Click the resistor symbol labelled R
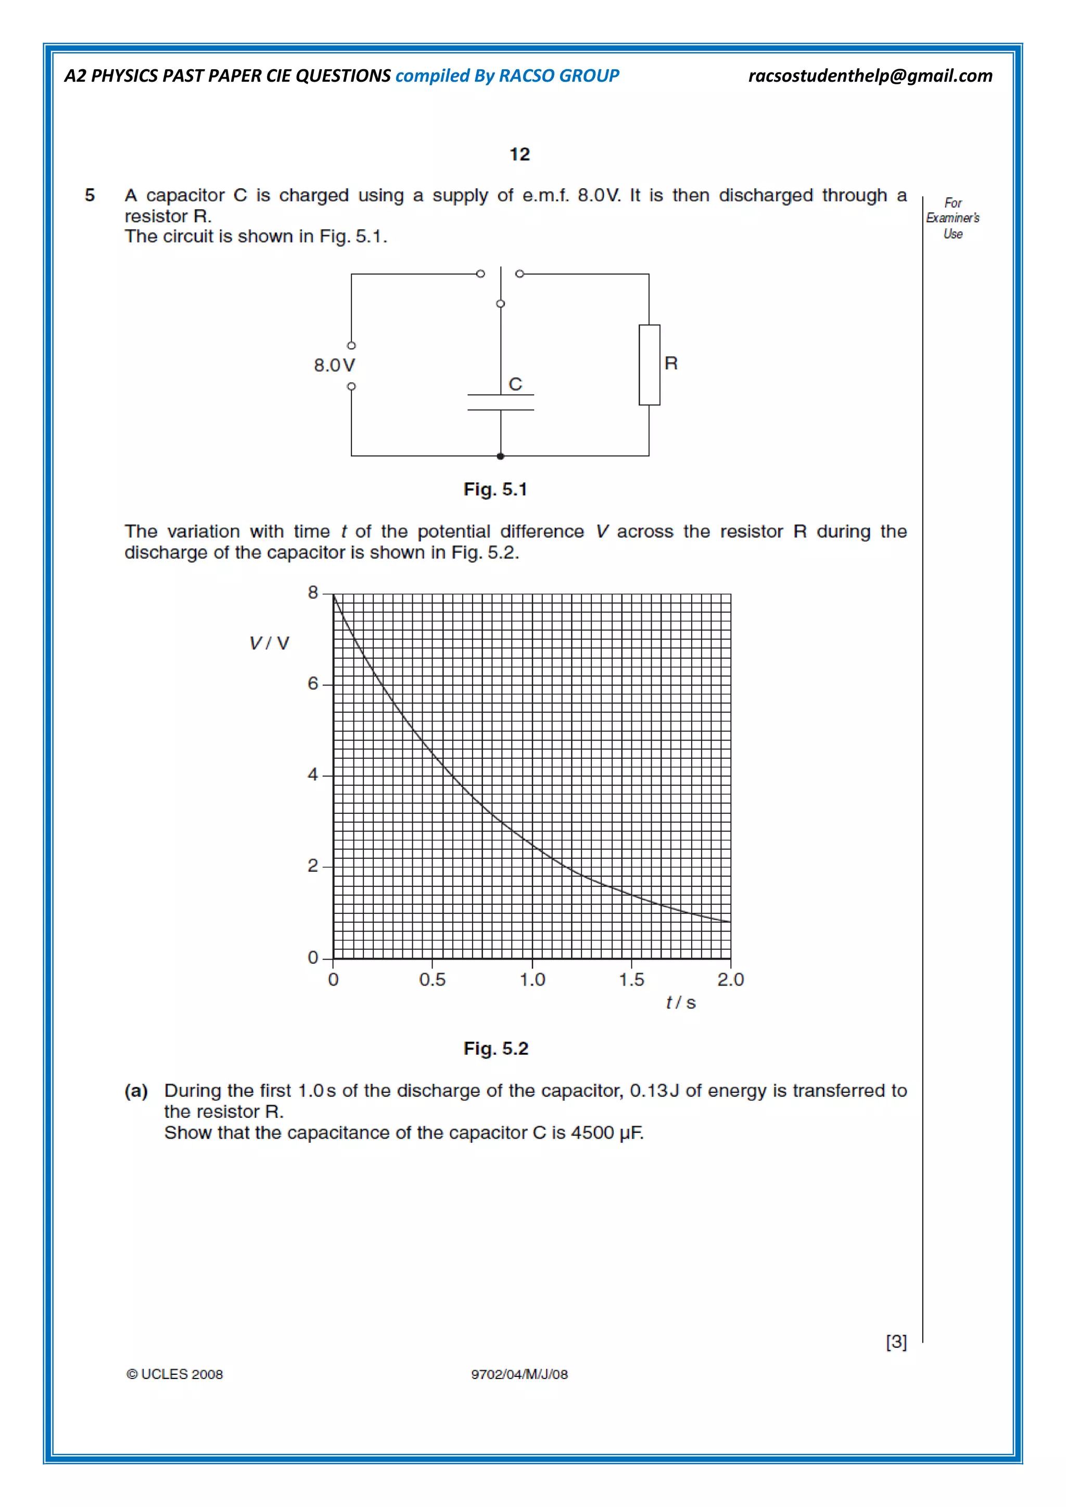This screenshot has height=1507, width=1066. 649,365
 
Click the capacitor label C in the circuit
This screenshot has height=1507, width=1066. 515,384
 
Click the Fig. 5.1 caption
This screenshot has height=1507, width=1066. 496,490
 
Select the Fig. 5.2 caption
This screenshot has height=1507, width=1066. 496,1048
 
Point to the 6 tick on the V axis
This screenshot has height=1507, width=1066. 313,684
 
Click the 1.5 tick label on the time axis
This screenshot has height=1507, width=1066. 631,980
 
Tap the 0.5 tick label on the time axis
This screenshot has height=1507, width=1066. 432,980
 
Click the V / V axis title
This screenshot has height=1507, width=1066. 269,643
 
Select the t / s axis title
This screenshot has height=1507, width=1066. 681,1002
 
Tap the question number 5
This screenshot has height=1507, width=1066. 90,195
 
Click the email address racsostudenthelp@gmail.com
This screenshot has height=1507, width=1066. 870,76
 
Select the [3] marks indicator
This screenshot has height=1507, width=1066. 896,1342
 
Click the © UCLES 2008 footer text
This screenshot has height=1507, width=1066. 174,1374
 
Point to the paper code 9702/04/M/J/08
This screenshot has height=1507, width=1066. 519,1374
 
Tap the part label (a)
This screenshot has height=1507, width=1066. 136,1091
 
